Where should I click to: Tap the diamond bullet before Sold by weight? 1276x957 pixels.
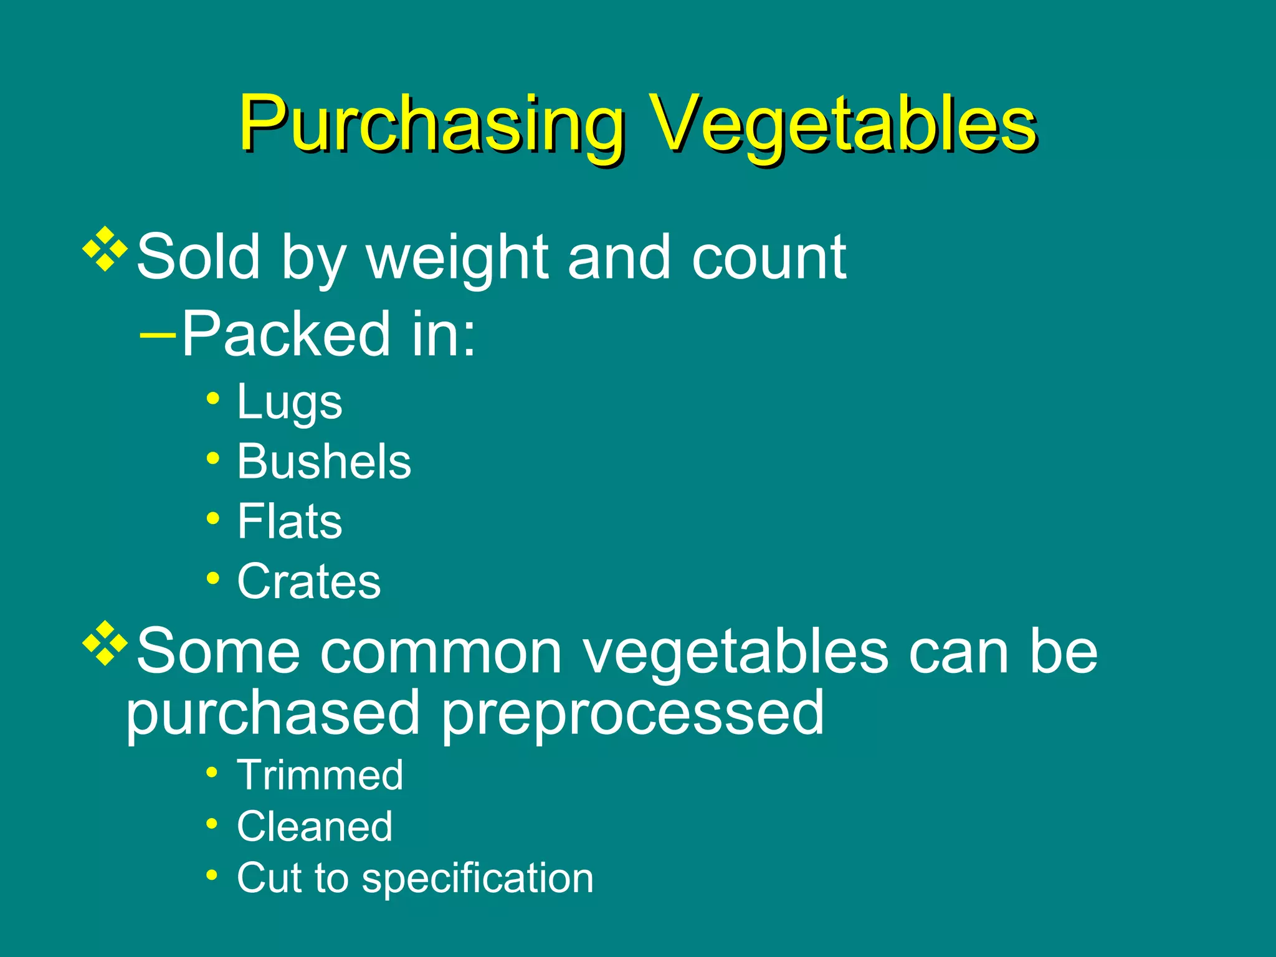tap(105, 249)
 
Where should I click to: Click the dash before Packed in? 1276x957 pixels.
tap(158, 334)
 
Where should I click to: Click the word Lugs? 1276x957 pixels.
tap(289, 402)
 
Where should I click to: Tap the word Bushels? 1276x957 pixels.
tap(324, 462)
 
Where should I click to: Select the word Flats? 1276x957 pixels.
tap(289, 521)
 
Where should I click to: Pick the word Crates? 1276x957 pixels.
tap(308, 581)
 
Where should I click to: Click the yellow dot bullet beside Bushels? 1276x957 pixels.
tap(213, 459)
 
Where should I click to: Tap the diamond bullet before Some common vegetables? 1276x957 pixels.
tap(105, 643)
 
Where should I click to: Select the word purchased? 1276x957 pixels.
tap(273, 713)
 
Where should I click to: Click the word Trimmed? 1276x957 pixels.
tap(320, 775)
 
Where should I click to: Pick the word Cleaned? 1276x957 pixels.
tap(315, 827)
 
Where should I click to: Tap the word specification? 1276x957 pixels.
tap(478, 878)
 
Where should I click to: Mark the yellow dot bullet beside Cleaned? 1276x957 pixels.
tap(212, 824)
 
